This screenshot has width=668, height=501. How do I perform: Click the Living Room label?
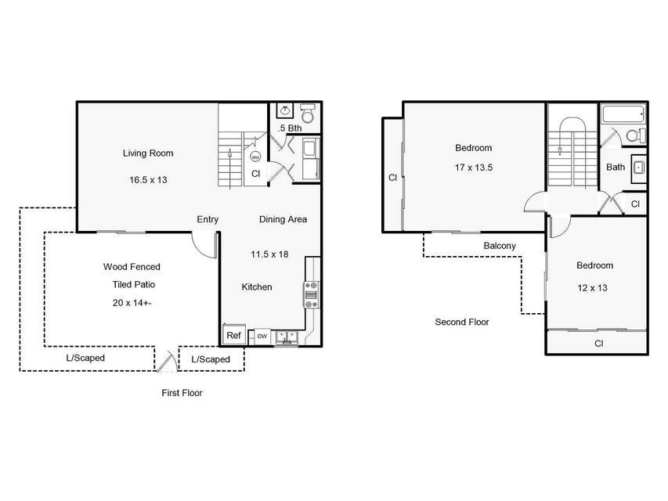pyautogui.click(x=148, y=153)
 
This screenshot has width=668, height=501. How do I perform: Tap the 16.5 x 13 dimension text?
pyautogui.click(x=148, y=180)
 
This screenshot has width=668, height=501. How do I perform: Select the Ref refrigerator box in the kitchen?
pyautogui.click(x=234, y=335)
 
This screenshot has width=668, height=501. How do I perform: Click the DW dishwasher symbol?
pyautogui.click(x=262, y=336)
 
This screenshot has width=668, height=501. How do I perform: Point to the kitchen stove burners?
pyautogui.click(x=311, y=294)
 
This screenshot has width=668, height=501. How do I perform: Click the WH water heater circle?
pyautogui.click(x=255, y=157)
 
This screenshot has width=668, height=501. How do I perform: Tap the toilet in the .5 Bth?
pyautogui.click(x=308, y=113)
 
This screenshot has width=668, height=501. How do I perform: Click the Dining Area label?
pyautogui.click(x=283, y=219)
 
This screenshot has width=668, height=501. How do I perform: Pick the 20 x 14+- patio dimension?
pyautogui.click(x=132, y=302)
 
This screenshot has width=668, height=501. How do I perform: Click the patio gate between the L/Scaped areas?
pyautogui.click(x=167, y=361)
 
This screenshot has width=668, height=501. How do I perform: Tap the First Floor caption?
pyautogui.click(x=182, y=393)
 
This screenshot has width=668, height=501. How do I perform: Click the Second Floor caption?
pyautogui.click(x=462, y=322)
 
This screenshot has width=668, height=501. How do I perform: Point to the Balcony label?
pyautogui.click(x=500, y=246)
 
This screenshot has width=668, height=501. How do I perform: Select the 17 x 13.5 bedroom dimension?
pyautogui.click(x=473, y=168)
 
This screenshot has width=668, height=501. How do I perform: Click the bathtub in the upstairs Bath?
pyautogui.click(x=623, y=114)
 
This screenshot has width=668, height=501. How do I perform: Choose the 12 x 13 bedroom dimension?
pyautogui.click(x=592, y=288)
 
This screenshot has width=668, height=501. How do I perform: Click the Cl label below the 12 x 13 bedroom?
pyautogui.click(x=598, y=344)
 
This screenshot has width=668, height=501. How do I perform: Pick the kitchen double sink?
pyautogui.click(x=287, y=337)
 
